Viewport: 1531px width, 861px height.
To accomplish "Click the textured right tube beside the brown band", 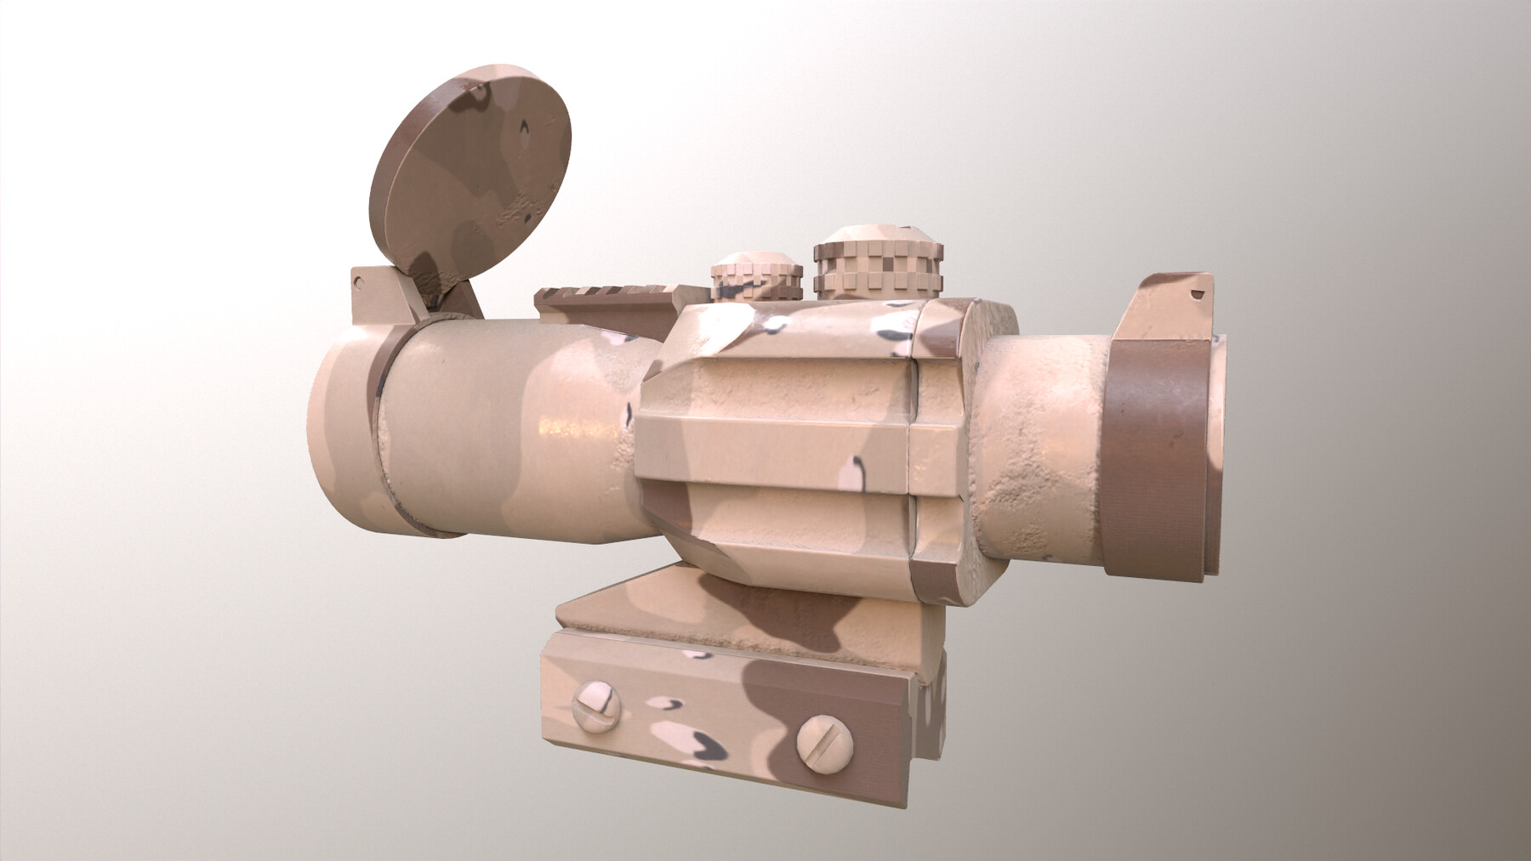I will [1046, 425].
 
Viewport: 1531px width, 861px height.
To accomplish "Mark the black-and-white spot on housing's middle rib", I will [856, 468].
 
